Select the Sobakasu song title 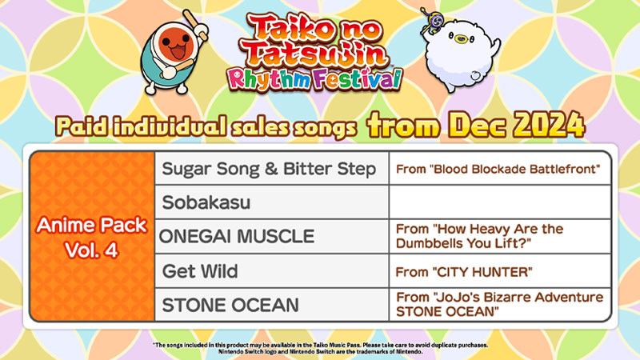pos(206,203)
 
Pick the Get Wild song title pos(200,271)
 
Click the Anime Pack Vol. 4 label pos(90,237)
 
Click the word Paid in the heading pos(83,126)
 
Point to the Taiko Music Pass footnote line pos(320,345)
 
